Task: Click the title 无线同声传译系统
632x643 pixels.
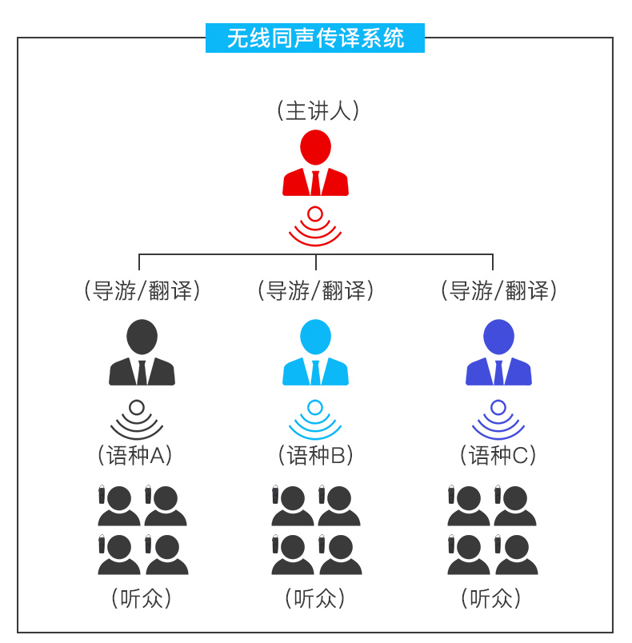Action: (315, 38)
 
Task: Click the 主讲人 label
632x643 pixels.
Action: (317, 110)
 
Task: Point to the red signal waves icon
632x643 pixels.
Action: (315, 226)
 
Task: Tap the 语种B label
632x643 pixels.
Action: (316, 455)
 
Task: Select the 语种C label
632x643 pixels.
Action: (498, 455)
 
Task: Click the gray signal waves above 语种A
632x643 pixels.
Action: (137, 419)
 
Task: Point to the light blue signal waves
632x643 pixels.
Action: (315, 419)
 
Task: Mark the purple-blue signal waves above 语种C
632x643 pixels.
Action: (498, 419)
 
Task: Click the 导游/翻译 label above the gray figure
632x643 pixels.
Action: (142, 290)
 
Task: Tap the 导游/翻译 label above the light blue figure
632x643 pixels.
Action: (316, 290)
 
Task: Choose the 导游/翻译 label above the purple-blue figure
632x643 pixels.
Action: (498, 290)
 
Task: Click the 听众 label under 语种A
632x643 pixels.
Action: (142, 597)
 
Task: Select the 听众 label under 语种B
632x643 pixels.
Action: (316, 597)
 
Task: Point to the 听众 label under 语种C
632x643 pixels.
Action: (491, 597)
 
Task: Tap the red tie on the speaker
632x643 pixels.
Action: (315, 183)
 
